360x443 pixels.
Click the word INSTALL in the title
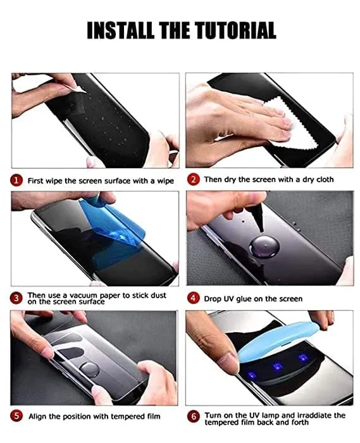[x=116, y=30]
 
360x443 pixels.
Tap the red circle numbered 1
[x=17, y=180]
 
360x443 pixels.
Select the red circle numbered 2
[x=193, y=180]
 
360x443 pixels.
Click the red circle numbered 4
[x=193, y=298]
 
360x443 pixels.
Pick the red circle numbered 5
[x=17, y=416]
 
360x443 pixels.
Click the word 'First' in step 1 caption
[x=36, y=180]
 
